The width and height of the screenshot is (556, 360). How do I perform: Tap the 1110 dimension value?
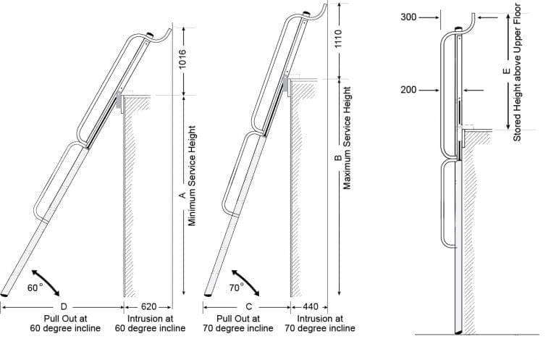click(x=337, y=44)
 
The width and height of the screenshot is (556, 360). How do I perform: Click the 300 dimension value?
click(x=408, y=17)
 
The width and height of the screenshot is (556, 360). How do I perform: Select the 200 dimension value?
click(x=408, y=90)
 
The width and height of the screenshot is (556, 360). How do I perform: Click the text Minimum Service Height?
click(x=193, y=175)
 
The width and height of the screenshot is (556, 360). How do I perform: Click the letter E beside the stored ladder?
click(x=505, y=72)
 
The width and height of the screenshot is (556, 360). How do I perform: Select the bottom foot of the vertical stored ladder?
click(x=458, y=332)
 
